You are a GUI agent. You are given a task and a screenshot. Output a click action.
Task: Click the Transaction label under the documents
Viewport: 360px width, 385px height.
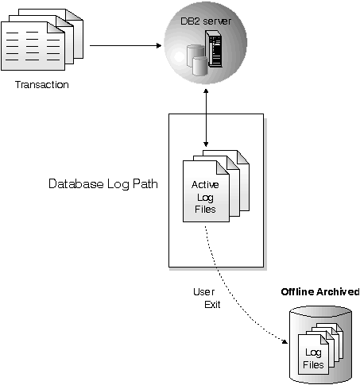(x=42, y=85)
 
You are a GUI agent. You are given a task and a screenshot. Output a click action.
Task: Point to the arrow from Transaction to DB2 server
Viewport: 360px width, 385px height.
(x=127, y=45)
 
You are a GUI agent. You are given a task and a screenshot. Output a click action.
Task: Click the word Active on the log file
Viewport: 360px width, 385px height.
(x=205, y=185)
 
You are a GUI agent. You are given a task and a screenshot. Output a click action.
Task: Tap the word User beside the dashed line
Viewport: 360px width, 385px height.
(x=204, y=291)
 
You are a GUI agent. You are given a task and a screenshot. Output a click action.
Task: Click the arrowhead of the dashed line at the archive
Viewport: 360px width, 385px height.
(x=284, y=341)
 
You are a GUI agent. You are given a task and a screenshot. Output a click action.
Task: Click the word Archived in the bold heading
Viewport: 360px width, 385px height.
(x=340, y=292)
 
